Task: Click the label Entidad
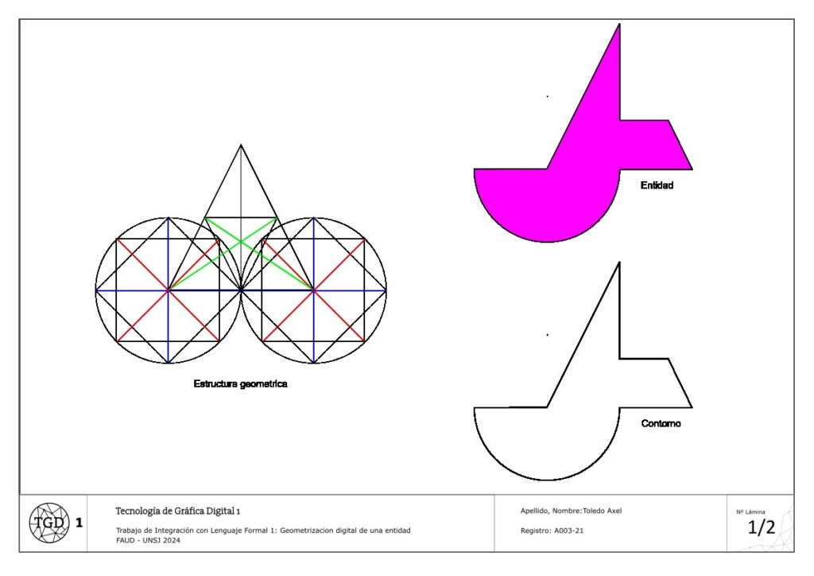657,185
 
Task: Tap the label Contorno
661,423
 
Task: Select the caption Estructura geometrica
240,383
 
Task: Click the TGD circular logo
48,523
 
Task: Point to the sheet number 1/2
761,527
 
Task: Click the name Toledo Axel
603,511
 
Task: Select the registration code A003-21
569,531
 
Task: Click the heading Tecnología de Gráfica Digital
175,511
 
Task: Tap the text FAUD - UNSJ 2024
149,540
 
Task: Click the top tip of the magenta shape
619,24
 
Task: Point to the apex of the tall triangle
241,145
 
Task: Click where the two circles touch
241,290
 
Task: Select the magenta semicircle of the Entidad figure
547,205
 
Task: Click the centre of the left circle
169,290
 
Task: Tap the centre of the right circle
313,290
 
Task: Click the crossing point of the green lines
241,242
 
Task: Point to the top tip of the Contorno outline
619,263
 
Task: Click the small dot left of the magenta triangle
548,96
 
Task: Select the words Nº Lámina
750,512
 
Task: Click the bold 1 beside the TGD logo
79,523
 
